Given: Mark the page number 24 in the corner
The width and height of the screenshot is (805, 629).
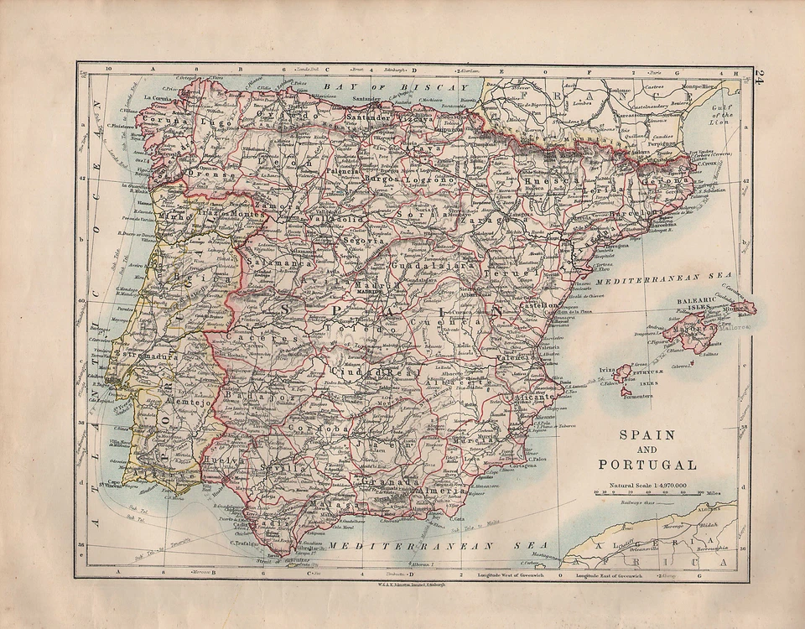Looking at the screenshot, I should tap(759, 78).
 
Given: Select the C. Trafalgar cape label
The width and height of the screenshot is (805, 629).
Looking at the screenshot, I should tap(243, 542).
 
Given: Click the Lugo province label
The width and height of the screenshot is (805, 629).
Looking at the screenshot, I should tap(219, 122).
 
